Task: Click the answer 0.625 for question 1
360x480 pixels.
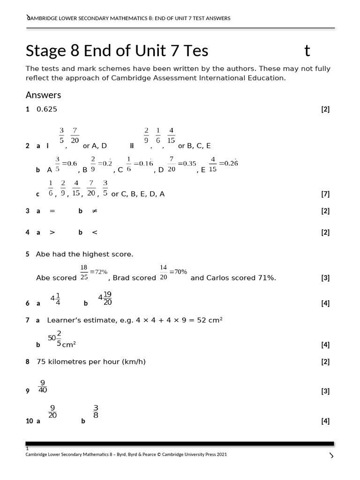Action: coord(46,110)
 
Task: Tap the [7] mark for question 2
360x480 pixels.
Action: coord(325,194)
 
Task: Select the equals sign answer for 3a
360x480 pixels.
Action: coord(52,211)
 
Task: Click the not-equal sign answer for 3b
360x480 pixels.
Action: coord(94,211)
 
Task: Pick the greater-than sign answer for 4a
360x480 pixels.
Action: coord(52,232)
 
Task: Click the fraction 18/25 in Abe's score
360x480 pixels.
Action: coord(84,272)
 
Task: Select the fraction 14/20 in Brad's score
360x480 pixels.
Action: coord(164,272)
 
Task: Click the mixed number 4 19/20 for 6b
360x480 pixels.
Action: coord(105,299)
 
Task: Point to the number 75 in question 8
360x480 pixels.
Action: coord(41,362)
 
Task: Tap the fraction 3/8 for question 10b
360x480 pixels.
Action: coord(96,411)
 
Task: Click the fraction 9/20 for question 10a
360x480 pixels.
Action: coord(52,411)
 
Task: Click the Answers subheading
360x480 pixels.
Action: coord(43,95)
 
